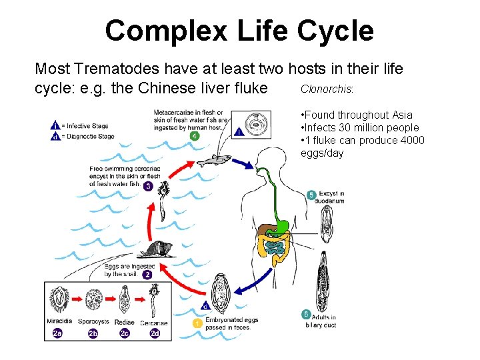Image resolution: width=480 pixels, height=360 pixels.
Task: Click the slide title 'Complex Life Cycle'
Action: [x=239, y=31]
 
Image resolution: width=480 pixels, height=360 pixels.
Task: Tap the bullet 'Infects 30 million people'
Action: [x=360, y=127]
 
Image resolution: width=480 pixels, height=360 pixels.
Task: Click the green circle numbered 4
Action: [x=194, y=136]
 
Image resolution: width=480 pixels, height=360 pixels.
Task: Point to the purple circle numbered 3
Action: [x=148, y=186]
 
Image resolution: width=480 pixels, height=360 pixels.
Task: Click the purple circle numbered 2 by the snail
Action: [x=147, y=274]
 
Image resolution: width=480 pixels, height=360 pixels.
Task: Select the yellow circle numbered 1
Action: [x=197, y=323]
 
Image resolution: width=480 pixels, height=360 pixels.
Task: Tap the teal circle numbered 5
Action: [x=311, y=195]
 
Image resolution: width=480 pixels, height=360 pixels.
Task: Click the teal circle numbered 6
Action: [x=306, y=314]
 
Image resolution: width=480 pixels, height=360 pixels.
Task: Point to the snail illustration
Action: [x=157, y=250]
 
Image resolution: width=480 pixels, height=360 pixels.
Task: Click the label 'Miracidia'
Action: [x=60, y=323]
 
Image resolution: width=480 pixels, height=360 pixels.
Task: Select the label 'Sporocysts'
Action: [x=93, y=323]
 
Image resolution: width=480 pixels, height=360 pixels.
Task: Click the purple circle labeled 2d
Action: [x=155, y=333]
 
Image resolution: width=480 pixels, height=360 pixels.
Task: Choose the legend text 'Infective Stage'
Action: [x=87, y=125]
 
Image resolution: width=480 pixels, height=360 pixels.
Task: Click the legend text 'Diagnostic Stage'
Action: [x=89, y=136]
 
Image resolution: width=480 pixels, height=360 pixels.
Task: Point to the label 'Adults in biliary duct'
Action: [x=321, y=321]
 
